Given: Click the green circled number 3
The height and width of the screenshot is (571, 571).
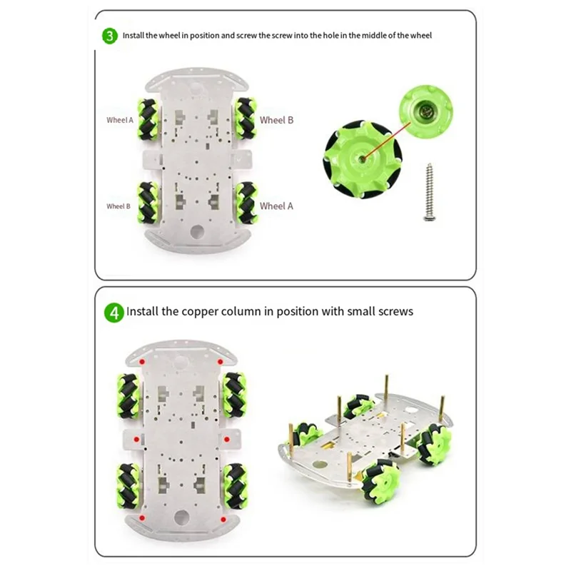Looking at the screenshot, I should (x=110, y=35).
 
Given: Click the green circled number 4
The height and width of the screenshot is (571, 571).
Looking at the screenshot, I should (x=113, y=312).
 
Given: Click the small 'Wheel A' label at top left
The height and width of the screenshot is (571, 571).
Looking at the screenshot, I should (x=120, y=120).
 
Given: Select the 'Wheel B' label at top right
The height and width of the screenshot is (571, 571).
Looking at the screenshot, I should (x=276, y=120).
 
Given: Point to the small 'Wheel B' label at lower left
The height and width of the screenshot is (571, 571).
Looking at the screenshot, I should (x=118, y=206).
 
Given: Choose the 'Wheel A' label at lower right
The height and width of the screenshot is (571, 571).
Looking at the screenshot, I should (x=276, y=206).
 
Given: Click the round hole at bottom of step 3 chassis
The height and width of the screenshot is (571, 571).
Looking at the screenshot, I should (x=196, y=233).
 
